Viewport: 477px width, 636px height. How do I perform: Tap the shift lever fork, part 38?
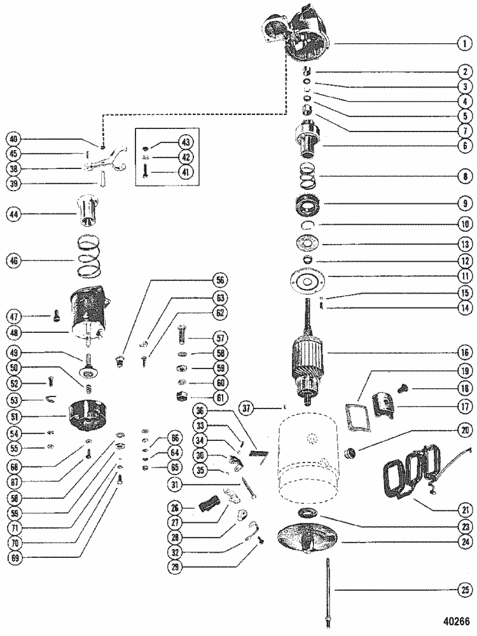(x=104, y=166)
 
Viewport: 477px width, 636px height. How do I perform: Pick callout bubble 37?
(x=249, y=407)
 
